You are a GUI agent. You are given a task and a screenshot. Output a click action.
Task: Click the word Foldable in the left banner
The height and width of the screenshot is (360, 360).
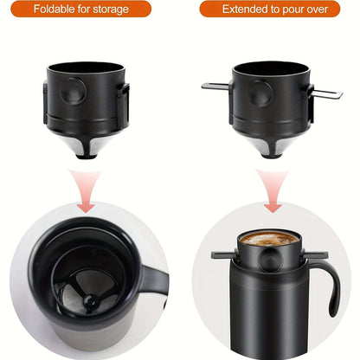52,10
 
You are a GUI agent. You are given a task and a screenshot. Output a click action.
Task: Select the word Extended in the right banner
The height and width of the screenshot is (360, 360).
246,10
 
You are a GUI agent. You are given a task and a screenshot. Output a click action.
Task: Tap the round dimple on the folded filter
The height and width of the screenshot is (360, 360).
74,90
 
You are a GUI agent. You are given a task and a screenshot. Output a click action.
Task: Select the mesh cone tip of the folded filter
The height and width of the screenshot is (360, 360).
87,148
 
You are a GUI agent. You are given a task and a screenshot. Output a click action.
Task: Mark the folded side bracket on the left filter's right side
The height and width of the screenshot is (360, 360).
125,100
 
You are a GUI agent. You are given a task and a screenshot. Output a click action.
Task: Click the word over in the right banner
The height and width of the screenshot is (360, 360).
315,10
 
